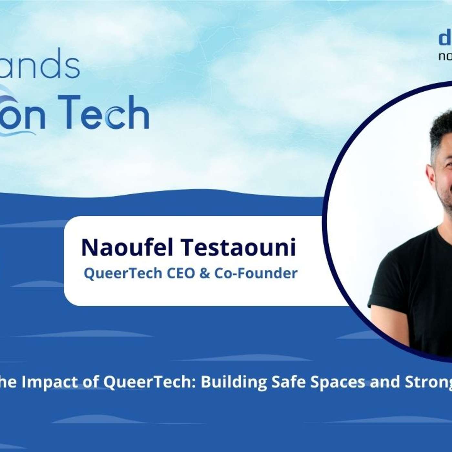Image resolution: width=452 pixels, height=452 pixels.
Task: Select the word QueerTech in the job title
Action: (123, 273)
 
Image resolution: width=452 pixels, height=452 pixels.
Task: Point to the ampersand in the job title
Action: (205, 274)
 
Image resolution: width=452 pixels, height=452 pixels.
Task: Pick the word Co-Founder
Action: (256, 273)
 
